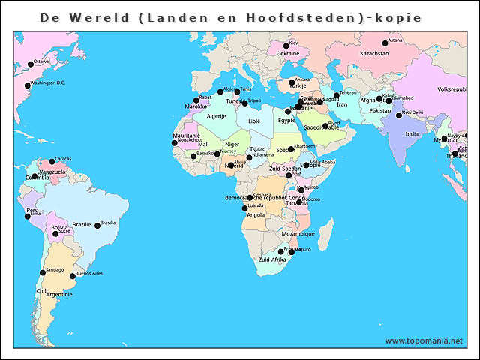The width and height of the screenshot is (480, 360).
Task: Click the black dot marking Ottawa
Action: (x=31, y=64)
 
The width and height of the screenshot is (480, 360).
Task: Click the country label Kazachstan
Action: (x=374, y=54)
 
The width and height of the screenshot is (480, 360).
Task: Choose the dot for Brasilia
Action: (x=97, y=224)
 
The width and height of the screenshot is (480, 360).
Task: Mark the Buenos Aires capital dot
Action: (x=73, y=276)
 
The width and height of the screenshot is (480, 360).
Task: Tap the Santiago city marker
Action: (x=42, y=272)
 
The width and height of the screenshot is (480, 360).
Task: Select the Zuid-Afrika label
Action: (x=272, y=259)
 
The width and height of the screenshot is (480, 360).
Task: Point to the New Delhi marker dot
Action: (x=399, y=115)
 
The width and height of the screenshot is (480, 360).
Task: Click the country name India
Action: (x=412, y=134)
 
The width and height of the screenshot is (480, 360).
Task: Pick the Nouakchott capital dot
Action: (x=175, y=142)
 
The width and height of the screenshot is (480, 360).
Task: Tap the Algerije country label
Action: (x=216, y=116)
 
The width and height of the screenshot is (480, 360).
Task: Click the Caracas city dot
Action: (x=52, y=161)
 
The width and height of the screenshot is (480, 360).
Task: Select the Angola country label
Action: (x=255, y=215)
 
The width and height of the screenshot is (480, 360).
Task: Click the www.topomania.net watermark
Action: (x=424, y=340)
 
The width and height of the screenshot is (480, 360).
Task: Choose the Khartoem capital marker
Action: (x=291, y=148)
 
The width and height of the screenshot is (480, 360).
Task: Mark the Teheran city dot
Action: (x=337, y=95)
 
